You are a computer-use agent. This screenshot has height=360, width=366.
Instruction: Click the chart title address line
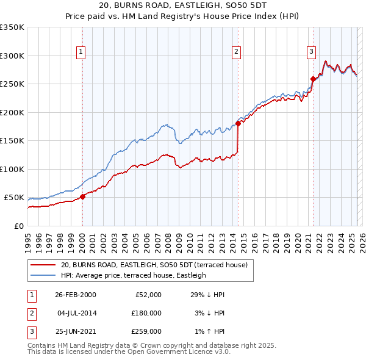182,5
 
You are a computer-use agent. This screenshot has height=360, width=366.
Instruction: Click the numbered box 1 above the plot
82,52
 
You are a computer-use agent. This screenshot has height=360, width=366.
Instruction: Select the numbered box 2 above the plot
236,52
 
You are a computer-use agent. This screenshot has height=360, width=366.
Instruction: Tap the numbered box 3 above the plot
311,52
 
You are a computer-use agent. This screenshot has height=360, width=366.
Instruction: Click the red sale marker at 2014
238,124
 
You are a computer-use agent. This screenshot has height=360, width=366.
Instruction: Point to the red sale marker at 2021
313,79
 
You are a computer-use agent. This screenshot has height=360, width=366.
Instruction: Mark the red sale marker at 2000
83,196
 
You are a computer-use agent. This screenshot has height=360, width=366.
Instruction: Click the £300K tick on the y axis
12,56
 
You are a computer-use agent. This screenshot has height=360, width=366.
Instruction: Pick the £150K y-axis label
12,141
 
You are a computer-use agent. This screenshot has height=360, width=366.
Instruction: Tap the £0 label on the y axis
18,226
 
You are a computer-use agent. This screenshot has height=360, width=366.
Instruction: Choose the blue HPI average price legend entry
133,275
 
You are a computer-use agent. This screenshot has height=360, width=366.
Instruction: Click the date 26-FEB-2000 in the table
75,295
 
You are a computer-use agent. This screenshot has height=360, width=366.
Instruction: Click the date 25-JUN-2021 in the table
75,333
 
